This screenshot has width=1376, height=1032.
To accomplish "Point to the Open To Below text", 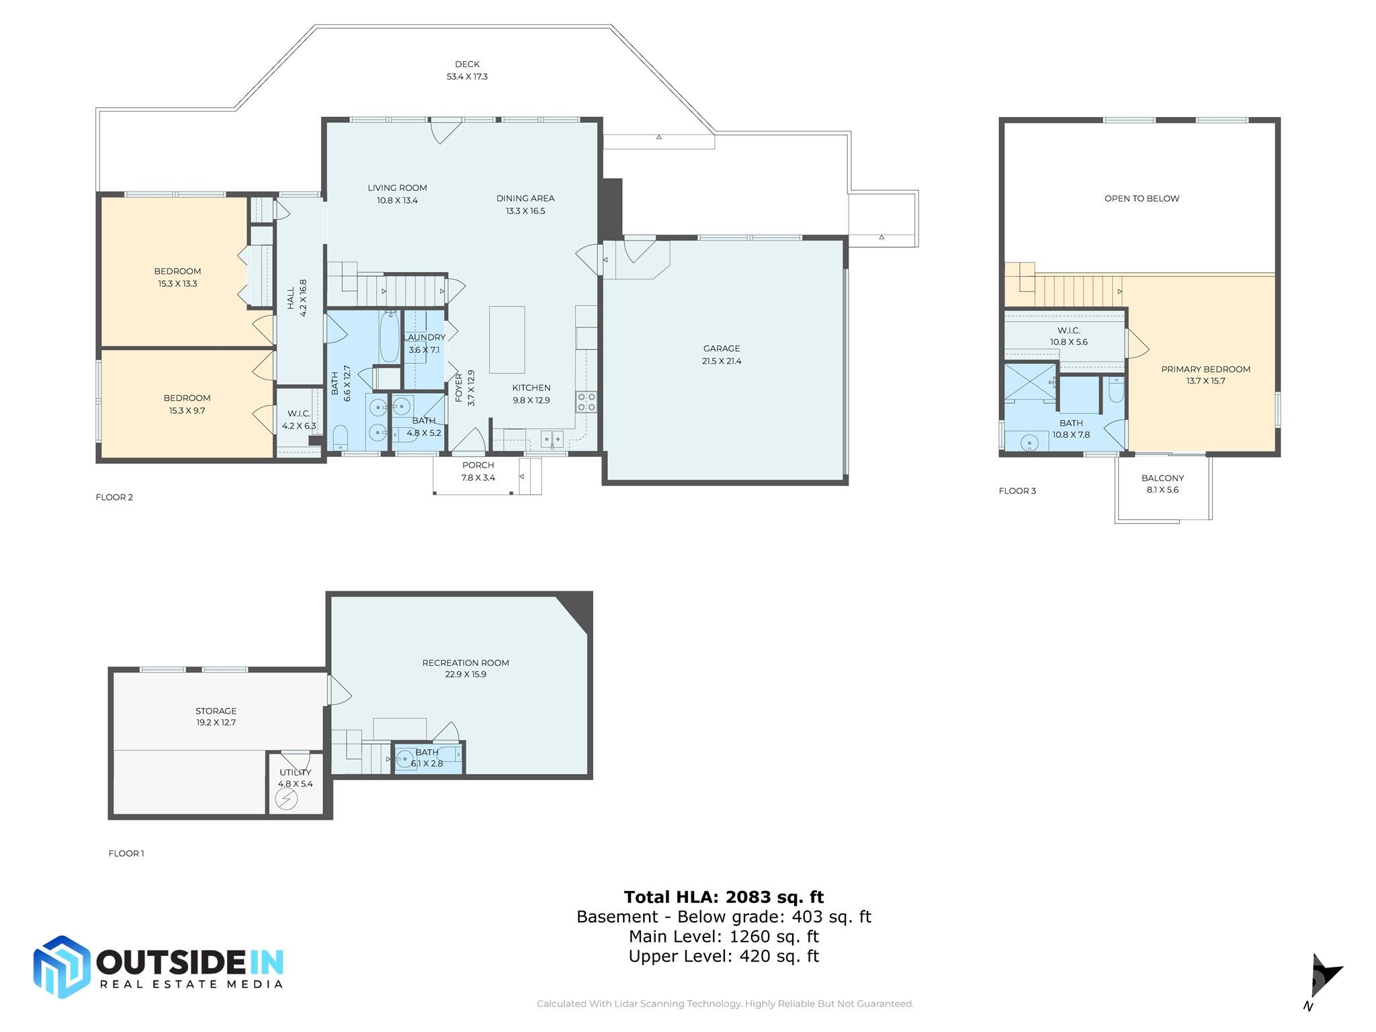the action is click(x=1142, y=198).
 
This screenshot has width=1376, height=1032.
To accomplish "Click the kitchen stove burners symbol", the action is click(x=586, y=402).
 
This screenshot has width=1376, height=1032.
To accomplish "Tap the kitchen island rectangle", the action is click(x=507, y=339).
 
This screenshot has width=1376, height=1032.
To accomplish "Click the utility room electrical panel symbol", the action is click(x=287, y=799).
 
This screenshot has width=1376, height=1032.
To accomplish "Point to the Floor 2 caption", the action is click(x=114, y=497).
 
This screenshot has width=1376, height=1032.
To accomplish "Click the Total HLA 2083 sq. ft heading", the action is click(x=724, y=897).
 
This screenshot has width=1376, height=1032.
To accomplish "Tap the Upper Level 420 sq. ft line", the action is click(x=724, y=956).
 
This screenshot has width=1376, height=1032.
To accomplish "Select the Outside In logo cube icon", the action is click(x=62, y=967).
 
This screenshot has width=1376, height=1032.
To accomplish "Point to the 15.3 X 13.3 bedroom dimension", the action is click(x=177, y=284).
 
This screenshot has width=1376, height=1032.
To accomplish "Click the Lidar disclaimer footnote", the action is click(x=726, y=1004).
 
